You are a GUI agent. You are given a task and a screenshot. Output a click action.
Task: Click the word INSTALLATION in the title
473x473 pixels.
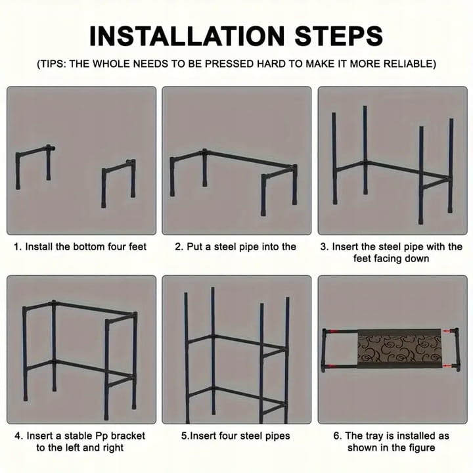[187, 36]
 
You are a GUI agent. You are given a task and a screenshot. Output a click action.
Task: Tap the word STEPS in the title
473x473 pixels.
[339, 36]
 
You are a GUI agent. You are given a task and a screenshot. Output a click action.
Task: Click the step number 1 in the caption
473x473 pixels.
[18, 247]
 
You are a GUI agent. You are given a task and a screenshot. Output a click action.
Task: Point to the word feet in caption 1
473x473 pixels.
[137, 247]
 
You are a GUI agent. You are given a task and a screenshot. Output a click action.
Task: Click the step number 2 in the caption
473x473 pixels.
[179, 247]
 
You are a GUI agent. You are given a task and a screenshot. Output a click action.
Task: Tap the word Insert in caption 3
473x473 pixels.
[345, 247]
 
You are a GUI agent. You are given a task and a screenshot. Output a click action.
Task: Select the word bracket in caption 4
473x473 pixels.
[128, 436]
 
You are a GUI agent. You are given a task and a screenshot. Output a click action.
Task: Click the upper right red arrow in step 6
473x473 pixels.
[448, 331]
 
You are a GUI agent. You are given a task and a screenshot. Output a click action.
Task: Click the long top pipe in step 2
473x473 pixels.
[249, 159]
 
